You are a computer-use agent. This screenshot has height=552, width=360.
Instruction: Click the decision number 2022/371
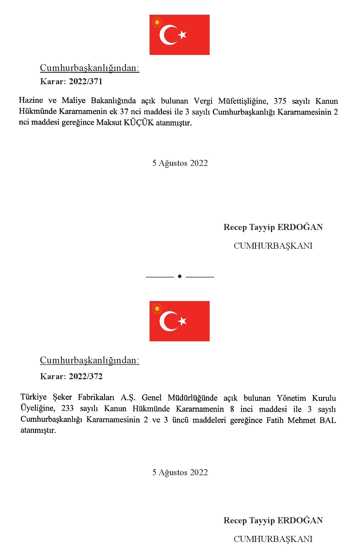click(x=86, y=81)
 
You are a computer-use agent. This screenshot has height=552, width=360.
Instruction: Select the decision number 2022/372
click(x=86, y=376)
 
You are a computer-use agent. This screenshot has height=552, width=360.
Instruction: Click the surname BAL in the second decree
click(x=328, y=420)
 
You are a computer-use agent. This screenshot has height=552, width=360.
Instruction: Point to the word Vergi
click(x=203, y=101)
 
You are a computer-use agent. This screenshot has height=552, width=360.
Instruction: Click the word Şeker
click(x=62, y=397)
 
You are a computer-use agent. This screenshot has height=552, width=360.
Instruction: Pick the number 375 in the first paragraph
click(x=280, y=101)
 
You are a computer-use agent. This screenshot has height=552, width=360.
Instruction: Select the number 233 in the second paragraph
click(x=67, y=409)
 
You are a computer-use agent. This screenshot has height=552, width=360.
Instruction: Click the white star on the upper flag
click(x=182, y=35)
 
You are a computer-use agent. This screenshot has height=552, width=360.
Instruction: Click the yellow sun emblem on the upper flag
click(x=157, y=22)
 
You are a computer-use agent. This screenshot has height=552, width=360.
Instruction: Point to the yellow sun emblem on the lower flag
click(x=157, y=308)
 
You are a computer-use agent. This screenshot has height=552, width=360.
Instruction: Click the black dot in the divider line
click(x=180, y=276)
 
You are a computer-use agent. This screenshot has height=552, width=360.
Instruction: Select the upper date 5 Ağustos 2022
click(x=180, y=163)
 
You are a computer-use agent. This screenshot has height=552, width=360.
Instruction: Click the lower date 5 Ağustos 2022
click(x=180, y=472)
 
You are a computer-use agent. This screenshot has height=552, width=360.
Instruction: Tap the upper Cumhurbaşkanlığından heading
click(x=89, y=68)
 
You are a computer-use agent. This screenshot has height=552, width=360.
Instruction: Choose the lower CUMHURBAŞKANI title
click(x=273, y=539)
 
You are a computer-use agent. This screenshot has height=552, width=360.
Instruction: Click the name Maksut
click(x=109, y=123)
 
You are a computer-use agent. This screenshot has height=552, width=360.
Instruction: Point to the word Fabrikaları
click(x=96, y=397)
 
